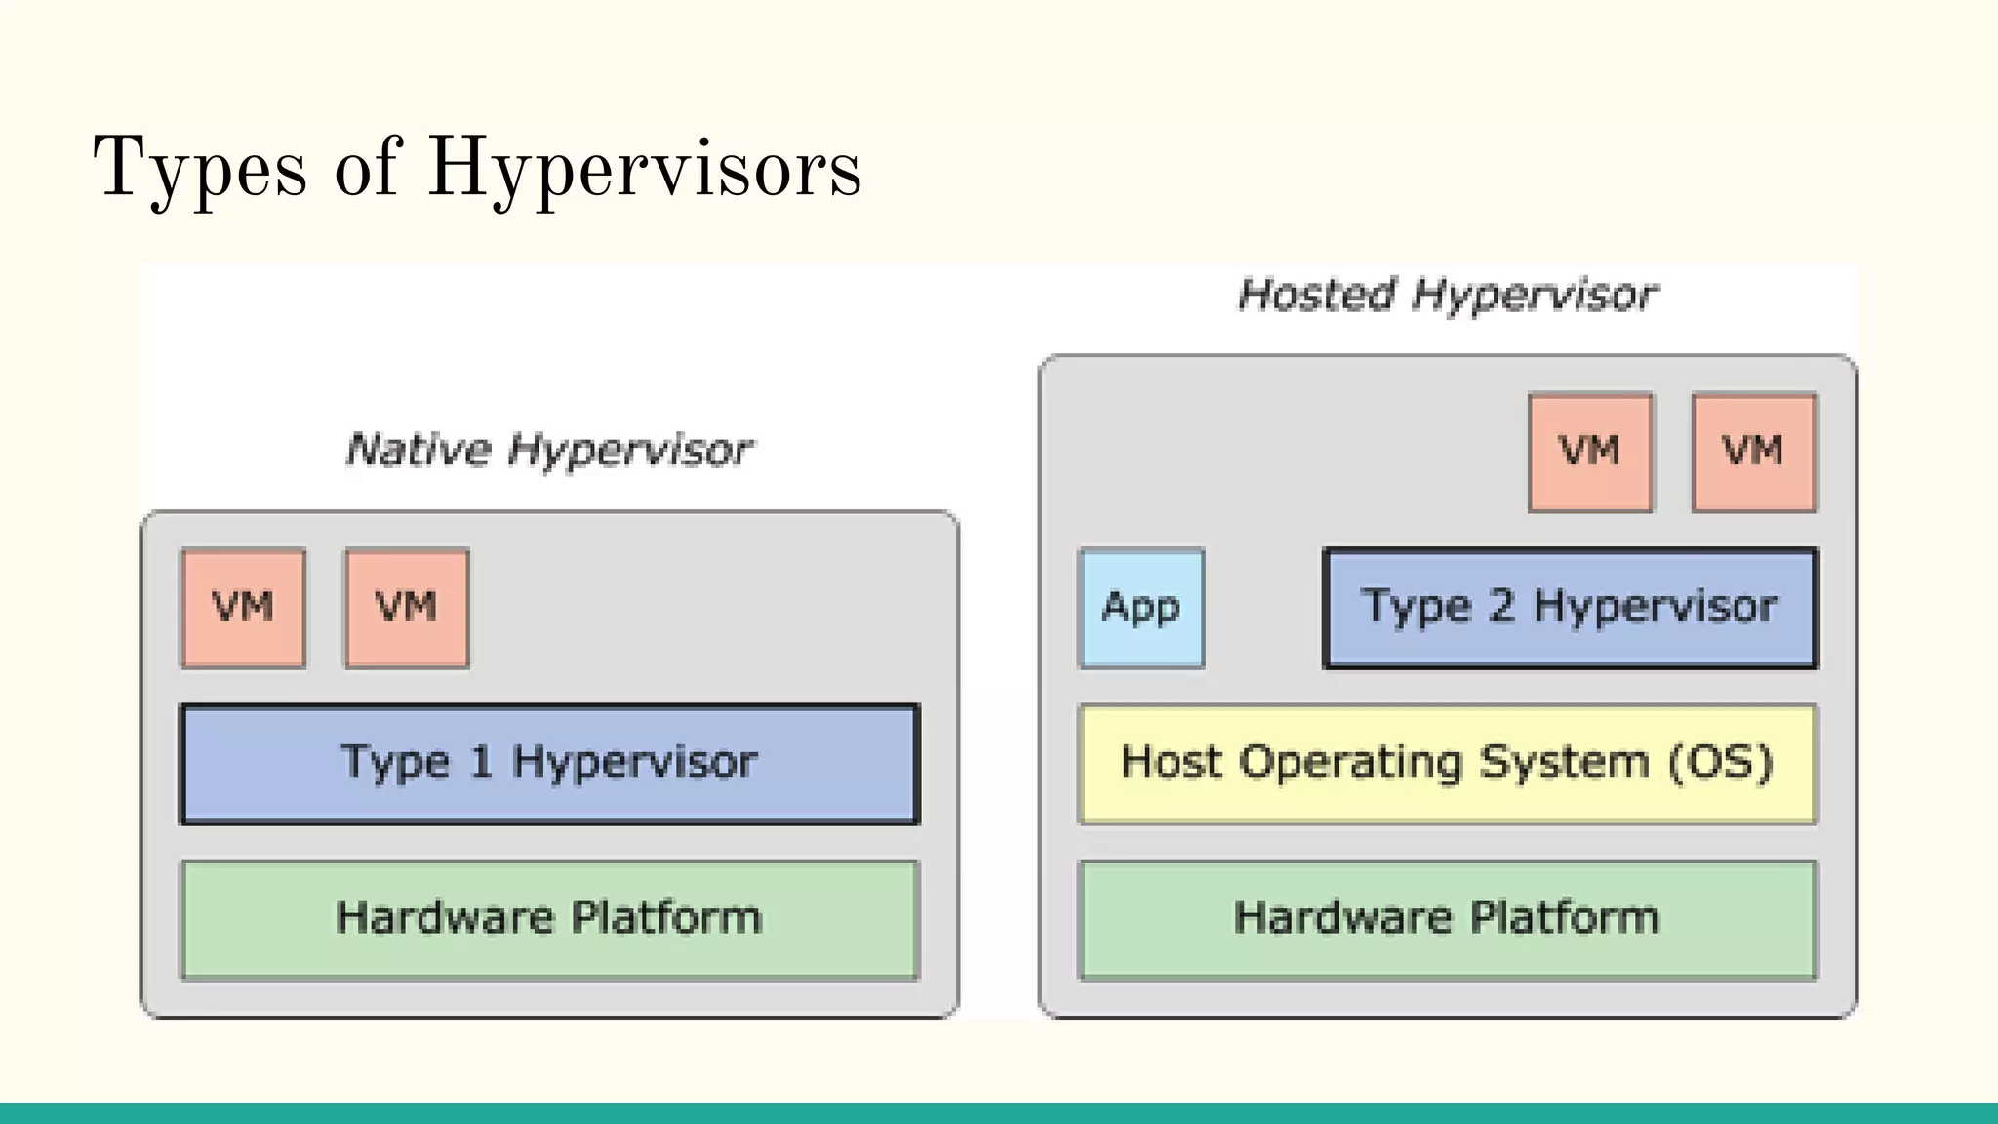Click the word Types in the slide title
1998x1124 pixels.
(200, 168)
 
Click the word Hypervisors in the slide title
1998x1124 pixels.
(644, 168)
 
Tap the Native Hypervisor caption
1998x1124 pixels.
(549, 451)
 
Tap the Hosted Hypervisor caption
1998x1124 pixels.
(1447, 295)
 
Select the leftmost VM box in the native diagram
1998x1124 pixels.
(243, 608)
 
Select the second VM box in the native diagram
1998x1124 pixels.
(407, 608)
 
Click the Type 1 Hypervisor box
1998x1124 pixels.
(549, 763)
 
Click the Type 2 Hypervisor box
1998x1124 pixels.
(1570, 607)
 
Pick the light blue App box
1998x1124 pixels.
(1141, 608)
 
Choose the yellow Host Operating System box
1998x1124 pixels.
(1447, 763)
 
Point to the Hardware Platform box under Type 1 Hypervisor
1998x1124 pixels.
(549, 919)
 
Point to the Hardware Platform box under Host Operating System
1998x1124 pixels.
(1447, 919)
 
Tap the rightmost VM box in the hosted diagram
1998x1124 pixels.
(1753, 452)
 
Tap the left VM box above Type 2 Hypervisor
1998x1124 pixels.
(1590, 452)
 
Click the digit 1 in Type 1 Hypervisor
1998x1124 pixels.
(480, 762)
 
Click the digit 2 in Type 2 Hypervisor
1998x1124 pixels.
(1502, 606)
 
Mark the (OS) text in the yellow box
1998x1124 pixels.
(1721, 762)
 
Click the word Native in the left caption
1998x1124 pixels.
(419, 451)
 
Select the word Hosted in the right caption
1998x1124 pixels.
(1316, 295)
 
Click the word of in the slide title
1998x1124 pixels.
(367, 168)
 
